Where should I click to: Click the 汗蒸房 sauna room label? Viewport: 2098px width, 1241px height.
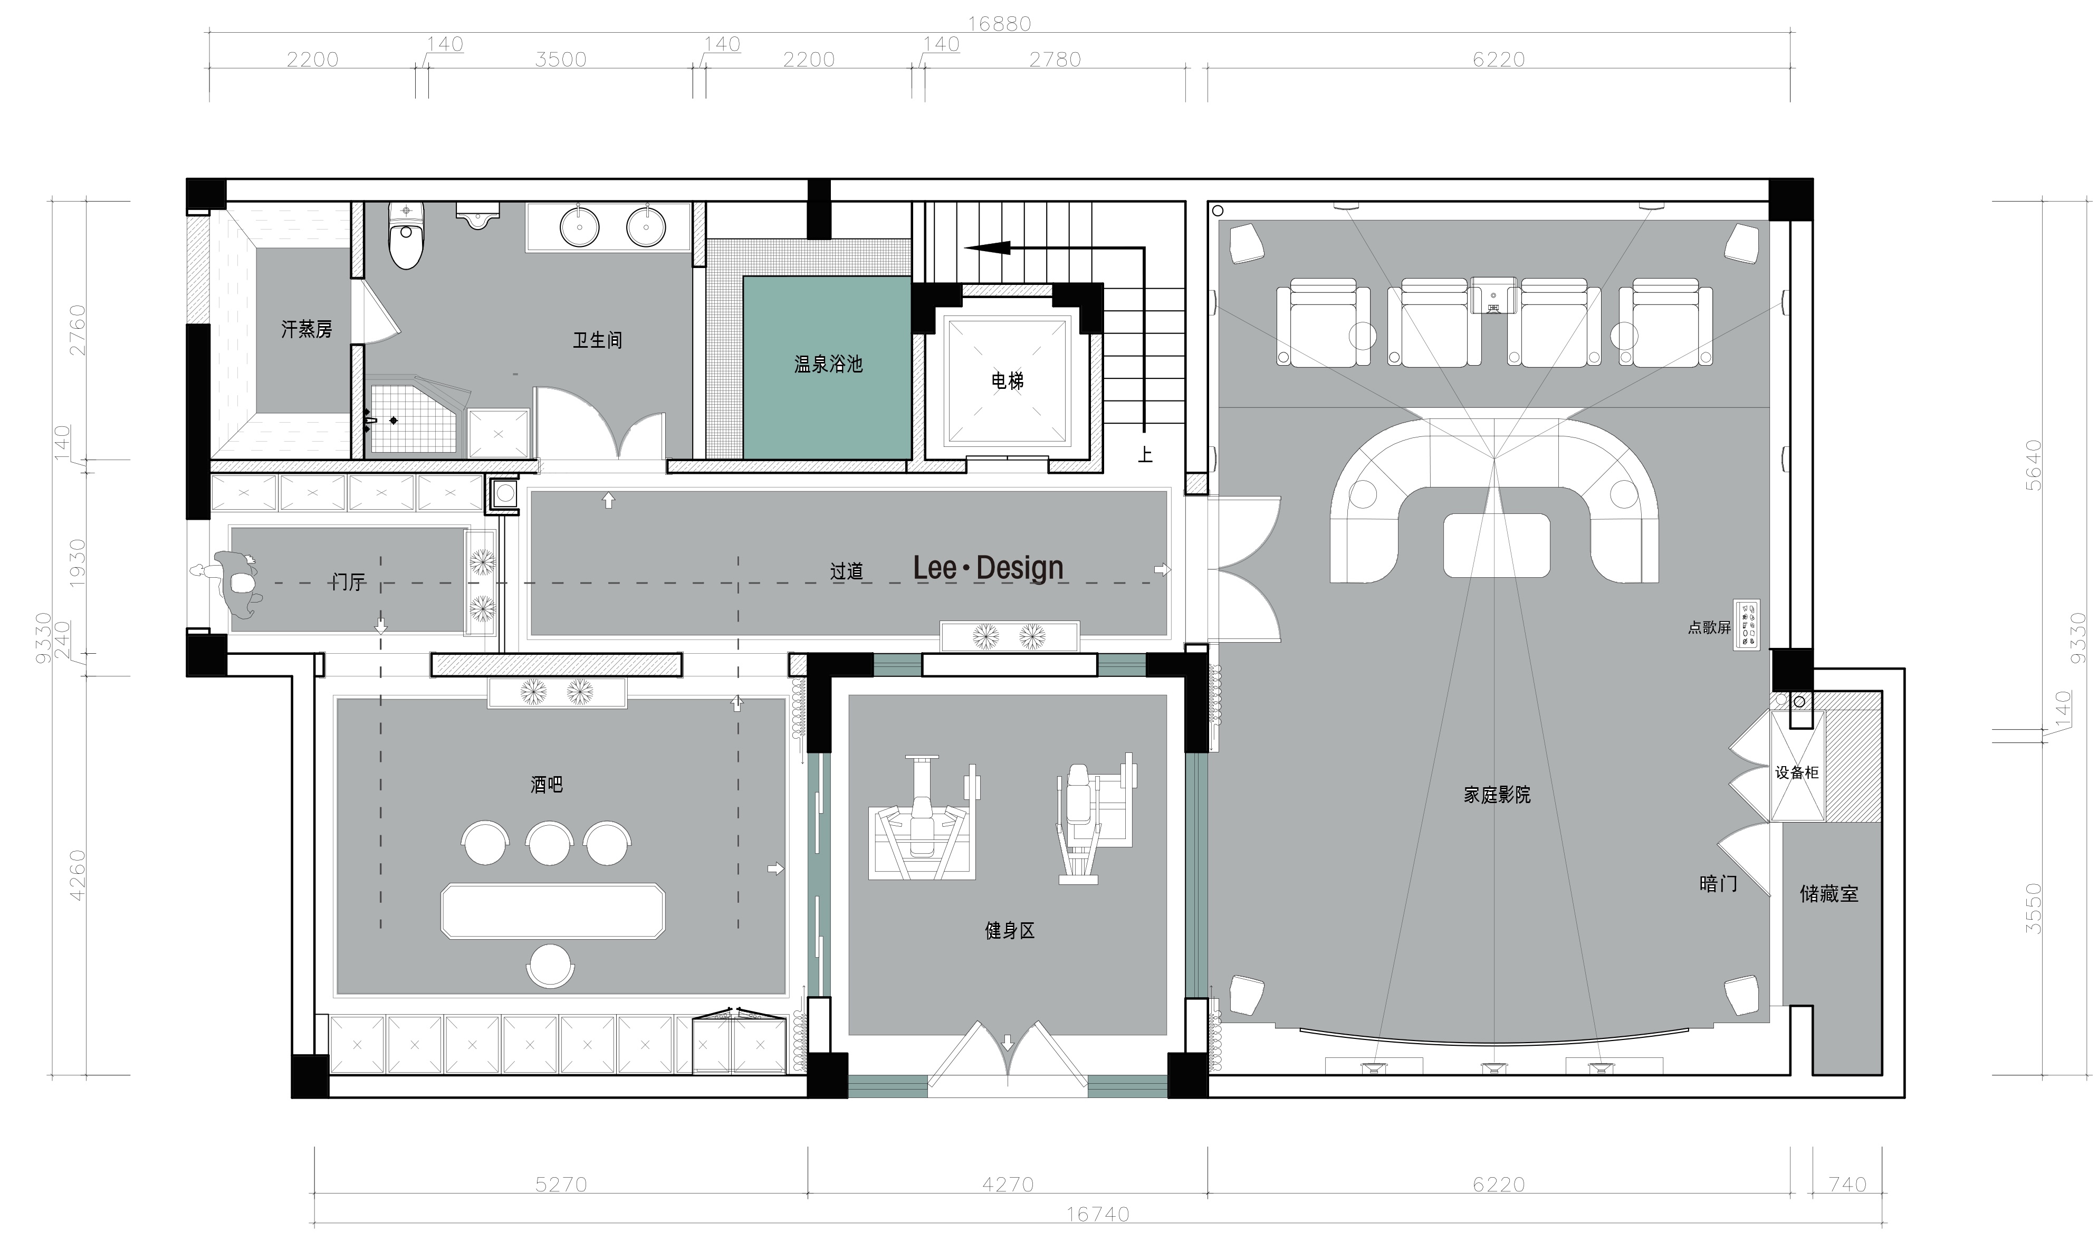coord(306,329)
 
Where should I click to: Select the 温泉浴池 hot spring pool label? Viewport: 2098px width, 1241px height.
coord(828,364)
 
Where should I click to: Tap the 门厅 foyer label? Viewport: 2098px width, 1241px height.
coord(348,582)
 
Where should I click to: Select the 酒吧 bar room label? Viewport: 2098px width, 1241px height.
coord(547,785)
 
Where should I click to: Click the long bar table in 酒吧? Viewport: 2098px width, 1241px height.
coord(552,911)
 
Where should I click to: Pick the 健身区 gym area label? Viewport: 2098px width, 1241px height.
coord(1010,930)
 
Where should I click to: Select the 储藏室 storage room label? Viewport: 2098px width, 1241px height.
coord(1829,894)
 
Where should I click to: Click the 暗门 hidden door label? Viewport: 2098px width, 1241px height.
coord(1719,883)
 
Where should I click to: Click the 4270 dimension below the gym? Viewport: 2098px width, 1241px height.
coord(1008,1184)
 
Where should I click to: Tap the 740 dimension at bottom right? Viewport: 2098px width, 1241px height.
coord(1847,1184)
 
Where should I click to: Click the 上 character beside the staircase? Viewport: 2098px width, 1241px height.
coord(1145,455)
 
